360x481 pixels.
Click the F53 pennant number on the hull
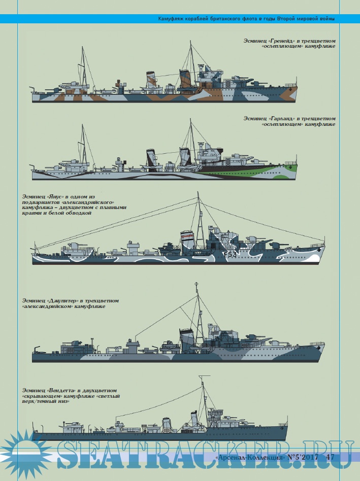coord(230,254)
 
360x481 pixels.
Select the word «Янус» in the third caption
coord(55,197)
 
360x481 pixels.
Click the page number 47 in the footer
coord(330,457)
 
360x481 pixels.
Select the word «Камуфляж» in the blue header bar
coord(170,19)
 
